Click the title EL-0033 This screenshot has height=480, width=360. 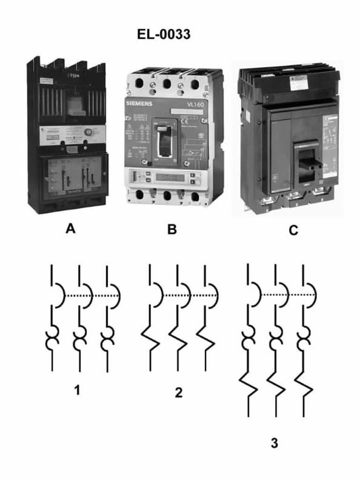point(164,35)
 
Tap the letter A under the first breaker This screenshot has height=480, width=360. point(71,229)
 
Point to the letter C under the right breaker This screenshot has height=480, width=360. point(293,230)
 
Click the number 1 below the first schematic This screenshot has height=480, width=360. point(77,390)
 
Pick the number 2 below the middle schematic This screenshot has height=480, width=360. point(178,393)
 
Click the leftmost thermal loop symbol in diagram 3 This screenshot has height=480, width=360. point(249,339)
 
